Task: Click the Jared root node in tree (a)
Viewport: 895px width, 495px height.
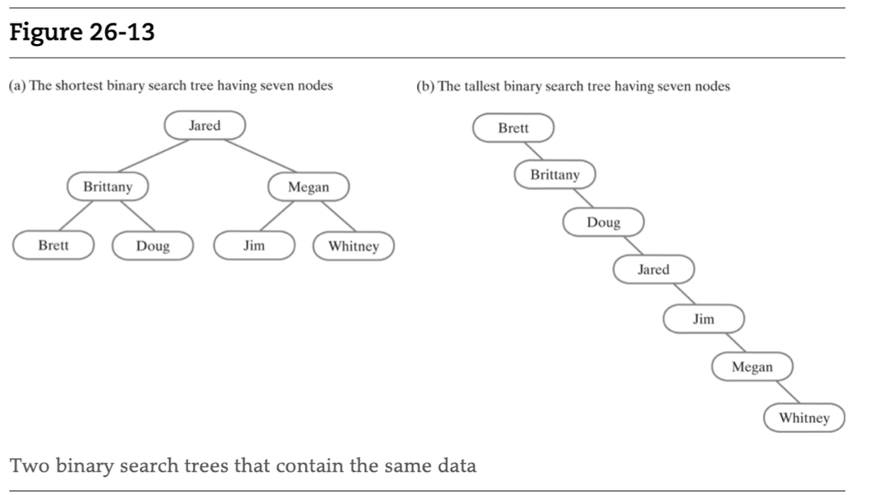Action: coord(204,126)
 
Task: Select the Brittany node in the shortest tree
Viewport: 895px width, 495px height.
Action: coord(108,187)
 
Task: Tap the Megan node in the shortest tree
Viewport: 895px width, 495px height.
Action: coord(308,187)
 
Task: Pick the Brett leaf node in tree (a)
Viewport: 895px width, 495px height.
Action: coord(53,245)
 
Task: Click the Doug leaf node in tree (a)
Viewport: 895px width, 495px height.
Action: coord(152,246)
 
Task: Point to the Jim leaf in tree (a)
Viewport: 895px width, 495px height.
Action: coord(254,245)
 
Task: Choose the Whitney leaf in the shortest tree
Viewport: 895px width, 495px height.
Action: coord(353,246)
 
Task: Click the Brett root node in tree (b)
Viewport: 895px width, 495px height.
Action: coord(513,128)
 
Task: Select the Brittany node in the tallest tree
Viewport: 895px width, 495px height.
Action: coord(555,174)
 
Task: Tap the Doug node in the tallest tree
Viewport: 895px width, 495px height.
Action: coord(603,222)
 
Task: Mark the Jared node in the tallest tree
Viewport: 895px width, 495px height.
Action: coord(653,269)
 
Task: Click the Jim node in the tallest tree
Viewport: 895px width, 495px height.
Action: coord(703,318)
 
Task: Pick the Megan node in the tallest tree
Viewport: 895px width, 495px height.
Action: coord(752,367)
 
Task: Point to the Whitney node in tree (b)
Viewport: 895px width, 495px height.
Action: coord(804,417)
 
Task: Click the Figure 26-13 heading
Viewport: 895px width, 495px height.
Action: coord(82,33)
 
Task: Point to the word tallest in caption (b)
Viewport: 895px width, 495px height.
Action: coord(482,87)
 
